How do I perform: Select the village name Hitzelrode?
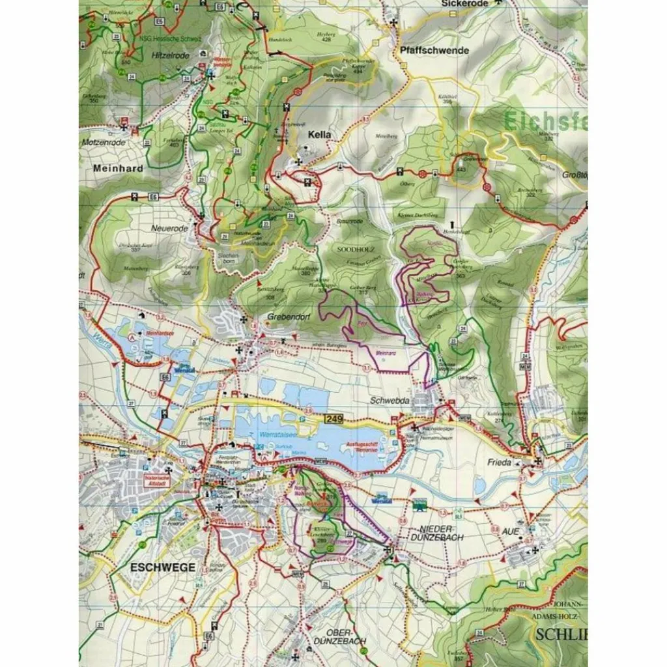[170, 56]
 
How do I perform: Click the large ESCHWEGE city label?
[162, 567]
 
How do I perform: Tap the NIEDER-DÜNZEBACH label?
[441, 533]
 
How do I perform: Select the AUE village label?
[511, 532]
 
